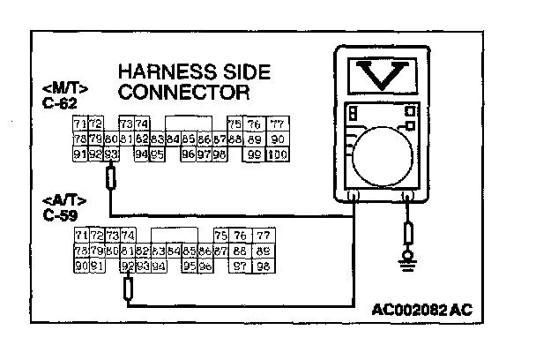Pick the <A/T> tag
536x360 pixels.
(56, 202)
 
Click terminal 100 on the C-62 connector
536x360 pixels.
(278, 154)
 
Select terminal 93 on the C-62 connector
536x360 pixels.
(111, 154)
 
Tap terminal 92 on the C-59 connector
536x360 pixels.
(128, 266)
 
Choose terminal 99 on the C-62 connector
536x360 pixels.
(255, 154)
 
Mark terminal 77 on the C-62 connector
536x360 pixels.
(278, 124)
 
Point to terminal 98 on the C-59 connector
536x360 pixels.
(263, 266)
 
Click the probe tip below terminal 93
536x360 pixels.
(111, 179)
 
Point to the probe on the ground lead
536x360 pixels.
(409, 233)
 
